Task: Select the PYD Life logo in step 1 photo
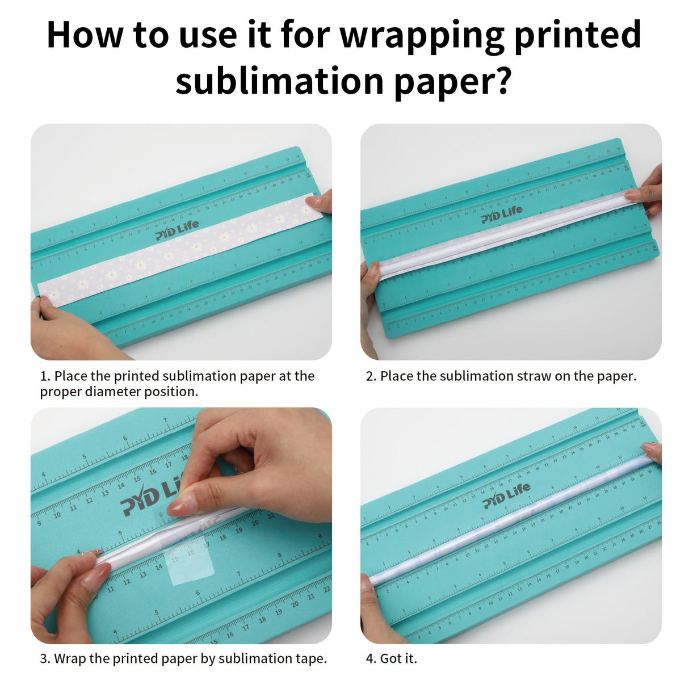[177, 230]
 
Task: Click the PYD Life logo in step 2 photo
[502, 215]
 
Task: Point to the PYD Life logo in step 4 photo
[506, 495]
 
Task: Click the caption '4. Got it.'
[391, 658]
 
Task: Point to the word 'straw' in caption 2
[534, 376]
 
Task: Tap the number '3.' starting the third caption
[45, 658]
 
